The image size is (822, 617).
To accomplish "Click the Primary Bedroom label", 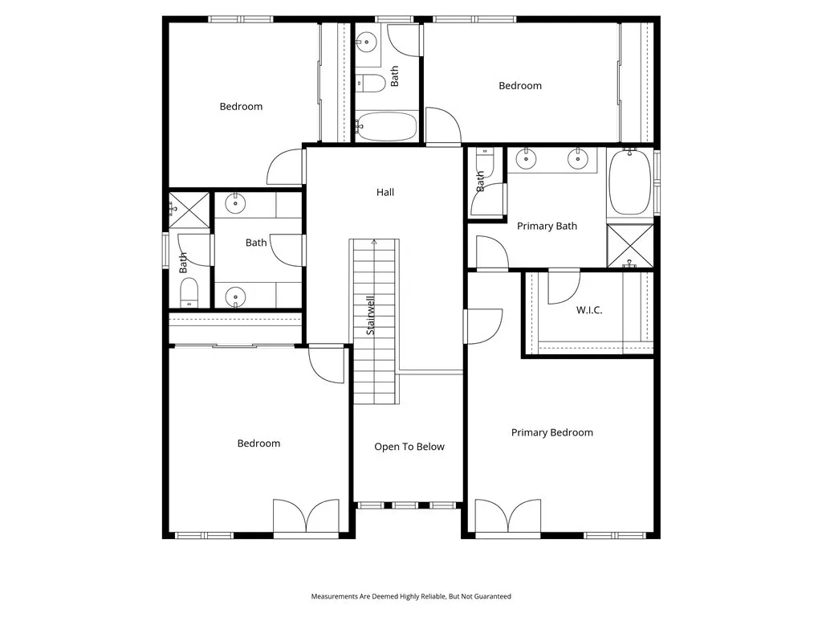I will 552,432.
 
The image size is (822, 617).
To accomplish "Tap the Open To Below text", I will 409,447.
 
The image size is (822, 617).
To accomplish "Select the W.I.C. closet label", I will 589,310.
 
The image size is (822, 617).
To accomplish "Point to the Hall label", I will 385,192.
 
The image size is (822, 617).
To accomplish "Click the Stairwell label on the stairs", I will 371,316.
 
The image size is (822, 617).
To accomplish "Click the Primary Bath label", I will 547,226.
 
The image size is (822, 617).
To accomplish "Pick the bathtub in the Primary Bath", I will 629,182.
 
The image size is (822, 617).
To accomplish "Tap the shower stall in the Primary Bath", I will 629,246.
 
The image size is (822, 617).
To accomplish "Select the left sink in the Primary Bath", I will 527,159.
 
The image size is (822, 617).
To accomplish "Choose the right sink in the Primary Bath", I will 578,159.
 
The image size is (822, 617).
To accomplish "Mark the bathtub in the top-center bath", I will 386,127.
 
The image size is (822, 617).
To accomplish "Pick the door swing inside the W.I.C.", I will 564,288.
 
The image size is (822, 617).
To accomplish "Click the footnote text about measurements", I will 411,596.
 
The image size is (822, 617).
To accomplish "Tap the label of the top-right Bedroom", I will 520,86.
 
